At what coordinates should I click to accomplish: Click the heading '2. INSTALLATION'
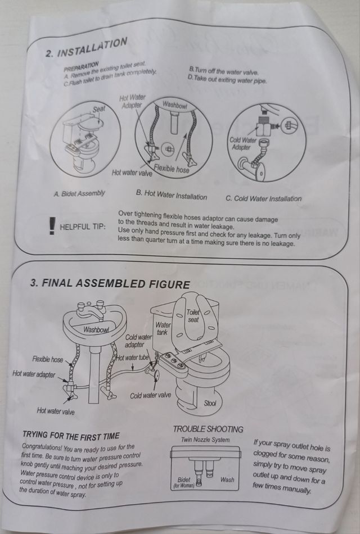coord(86,48)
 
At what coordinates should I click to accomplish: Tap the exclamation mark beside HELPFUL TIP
coord(52,226)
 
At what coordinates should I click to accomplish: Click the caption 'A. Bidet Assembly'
coord(79,194)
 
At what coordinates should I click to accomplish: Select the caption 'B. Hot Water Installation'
coord(172,195)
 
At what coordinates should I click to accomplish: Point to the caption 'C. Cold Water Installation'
coord(263,198)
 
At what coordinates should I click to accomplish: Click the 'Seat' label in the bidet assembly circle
coord(99,109)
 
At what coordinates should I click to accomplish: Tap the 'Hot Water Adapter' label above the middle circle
coord(132,102)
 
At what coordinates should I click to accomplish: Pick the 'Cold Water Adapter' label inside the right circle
coord(242,143)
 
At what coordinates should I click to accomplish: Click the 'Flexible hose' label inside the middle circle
coord(172,168)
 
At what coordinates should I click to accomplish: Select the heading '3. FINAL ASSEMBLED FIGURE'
coord(110,284)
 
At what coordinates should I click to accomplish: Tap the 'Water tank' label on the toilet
coord(163,328)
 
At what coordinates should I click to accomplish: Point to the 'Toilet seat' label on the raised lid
coord(193,316)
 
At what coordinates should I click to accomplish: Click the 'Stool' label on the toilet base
coord(210,403)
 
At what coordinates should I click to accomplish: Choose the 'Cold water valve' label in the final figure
coord(150,395)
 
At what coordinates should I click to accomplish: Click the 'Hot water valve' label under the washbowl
coord(56,411)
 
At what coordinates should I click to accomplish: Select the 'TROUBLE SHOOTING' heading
coord(208,429)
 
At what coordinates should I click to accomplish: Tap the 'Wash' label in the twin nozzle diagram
coord(227,479)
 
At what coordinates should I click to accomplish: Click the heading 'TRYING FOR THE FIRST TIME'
coord(71,436)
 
